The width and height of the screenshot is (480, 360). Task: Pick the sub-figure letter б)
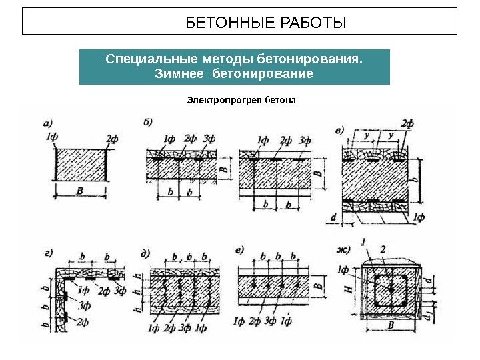tap(148, 122)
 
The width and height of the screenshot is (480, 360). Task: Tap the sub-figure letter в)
tap(339, 131)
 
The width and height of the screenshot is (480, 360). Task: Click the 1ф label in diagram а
tap(51, 137)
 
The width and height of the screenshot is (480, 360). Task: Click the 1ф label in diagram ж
tap(343, 269)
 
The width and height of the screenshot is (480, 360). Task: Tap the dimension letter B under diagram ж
tap(391, 325)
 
